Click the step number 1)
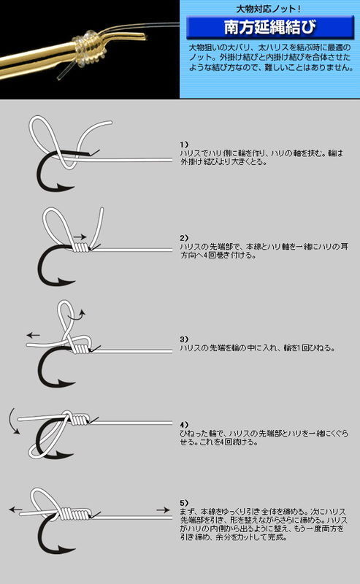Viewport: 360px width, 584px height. tap(184, 144)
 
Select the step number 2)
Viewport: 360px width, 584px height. tap(184, 239)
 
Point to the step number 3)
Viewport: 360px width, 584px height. tap(184, 339)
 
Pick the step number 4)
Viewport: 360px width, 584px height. tap(184, 423)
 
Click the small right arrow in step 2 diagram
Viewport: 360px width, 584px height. tap(80, 237)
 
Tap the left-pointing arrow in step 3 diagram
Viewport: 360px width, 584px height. tap(34, 335)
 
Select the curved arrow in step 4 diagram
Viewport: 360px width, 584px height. tap(12, 422)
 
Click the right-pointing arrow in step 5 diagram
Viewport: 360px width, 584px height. tap(161, 509)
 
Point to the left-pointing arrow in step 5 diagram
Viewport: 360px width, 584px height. tap(15, 507)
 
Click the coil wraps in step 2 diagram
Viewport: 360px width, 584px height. tap(83, 249)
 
